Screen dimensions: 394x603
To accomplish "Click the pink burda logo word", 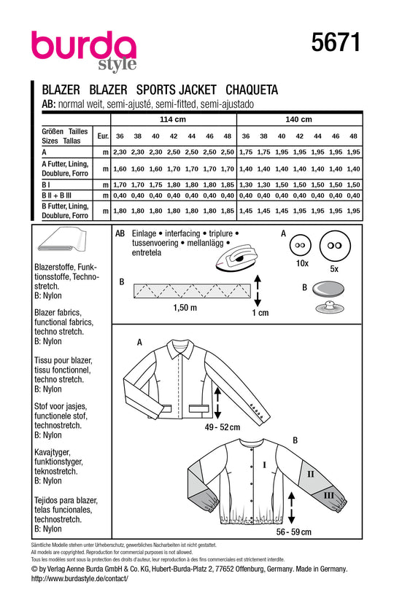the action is [x=84, y=45].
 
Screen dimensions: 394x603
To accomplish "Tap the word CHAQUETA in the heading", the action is [x=252, y=90].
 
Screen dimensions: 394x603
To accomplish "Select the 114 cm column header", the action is [x=173, y=120].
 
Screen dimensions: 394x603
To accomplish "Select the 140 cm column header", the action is [x=298, y=120].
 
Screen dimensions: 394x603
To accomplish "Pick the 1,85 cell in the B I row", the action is [x=228, y=184].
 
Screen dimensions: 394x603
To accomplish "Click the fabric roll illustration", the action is [x=62, y=239].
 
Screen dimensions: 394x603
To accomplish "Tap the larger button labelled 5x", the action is [x=334, y=245].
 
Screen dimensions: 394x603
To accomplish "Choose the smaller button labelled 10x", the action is [x=300, y=245].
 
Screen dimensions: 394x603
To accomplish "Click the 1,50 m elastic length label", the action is [x=185, y=308].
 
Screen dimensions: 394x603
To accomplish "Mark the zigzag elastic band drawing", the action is [x=192, y=291].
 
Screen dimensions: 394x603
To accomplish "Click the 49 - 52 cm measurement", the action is [x=223, y=427].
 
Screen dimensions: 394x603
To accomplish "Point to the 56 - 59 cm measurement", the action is [x=293, y=532].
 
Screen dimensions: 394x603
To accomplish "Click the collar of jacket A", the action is [x=180, y=349].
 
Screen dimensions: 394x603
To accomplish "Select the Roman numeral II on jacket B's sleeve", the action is [x=311, y=475].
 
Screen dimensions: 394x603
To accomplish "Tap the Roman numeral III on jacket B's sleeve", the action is [x=328, y=495].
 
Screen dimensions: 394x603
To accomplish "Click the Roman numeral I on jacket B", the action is [x=264, y=465].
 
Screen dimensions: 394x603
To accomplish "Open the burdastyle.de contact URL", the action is [x=80, y=578].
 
